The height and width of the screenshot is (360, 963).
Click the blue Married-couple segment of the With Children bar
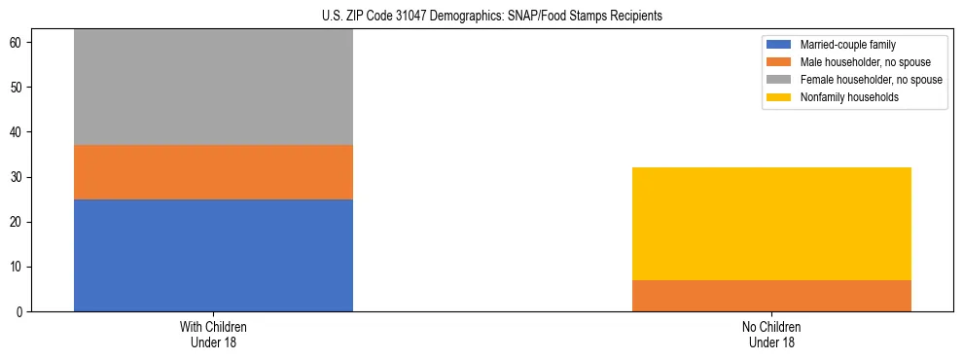point(213,255)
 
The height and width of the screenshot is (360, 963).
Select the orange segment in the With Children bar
point(213,172)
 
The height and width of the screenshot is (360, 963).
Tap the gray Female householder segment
point(213,88)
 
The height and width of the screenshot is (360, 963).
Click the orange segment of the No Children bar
point(771,296)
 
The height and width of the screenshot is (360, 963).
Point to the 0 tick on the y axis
point(20,312)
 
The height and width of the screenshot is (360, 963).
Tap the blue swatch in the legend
point(779,45)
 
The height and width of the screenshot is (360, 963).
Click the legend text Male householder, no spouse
point(868,62)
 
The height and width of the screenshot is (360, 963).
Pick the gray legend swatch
point(779,80)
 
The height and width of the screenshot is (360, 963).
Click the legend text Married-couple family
point(848,45)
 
